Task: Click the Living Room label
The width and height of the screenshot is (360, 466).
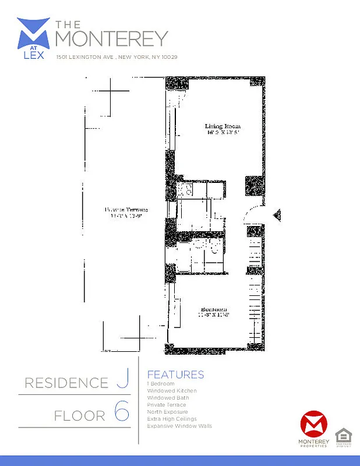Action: tap(222, 126)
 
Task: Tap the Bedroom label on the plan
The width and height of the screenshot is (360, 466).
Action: tap(214, 309)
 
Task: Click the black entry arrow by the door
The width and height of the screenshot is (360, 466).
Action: tap(277, 215)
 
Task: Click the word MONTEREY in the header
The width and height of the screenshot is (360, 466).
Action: tap(111, 39)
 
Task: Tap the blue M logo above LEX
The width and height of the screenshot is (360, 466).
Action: tap(34, 34)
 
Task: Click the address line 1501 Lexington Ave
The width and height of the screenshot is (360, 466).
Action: tap(117, 57)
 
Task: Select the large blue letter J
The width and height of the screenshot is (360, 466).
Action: tap(122, 382)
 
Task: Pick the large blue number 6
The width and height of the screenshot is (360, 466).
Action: tap(121, 413)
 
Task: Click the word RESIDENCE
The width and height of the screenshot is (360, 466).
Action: tap(66, 383)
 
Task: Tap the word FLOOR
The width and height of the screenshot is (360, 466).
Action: tap(80, 416)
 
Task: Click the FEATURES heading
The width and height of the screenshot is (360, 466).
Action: tap(175, 375)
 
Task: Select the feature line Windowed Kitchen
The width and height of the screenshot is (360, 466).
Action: tap(172, 390)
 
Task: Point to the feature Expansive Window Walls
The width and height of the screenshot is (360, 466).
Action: tap(179, 426)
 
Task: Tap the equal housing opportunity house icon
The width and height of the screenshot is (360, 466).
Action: tap(342, 435)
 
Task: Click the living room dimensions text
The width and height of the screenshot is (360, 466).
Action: tap(222, 133)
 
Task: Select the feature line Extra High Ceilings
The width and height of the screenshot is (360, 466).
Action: tap(172, 419)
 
